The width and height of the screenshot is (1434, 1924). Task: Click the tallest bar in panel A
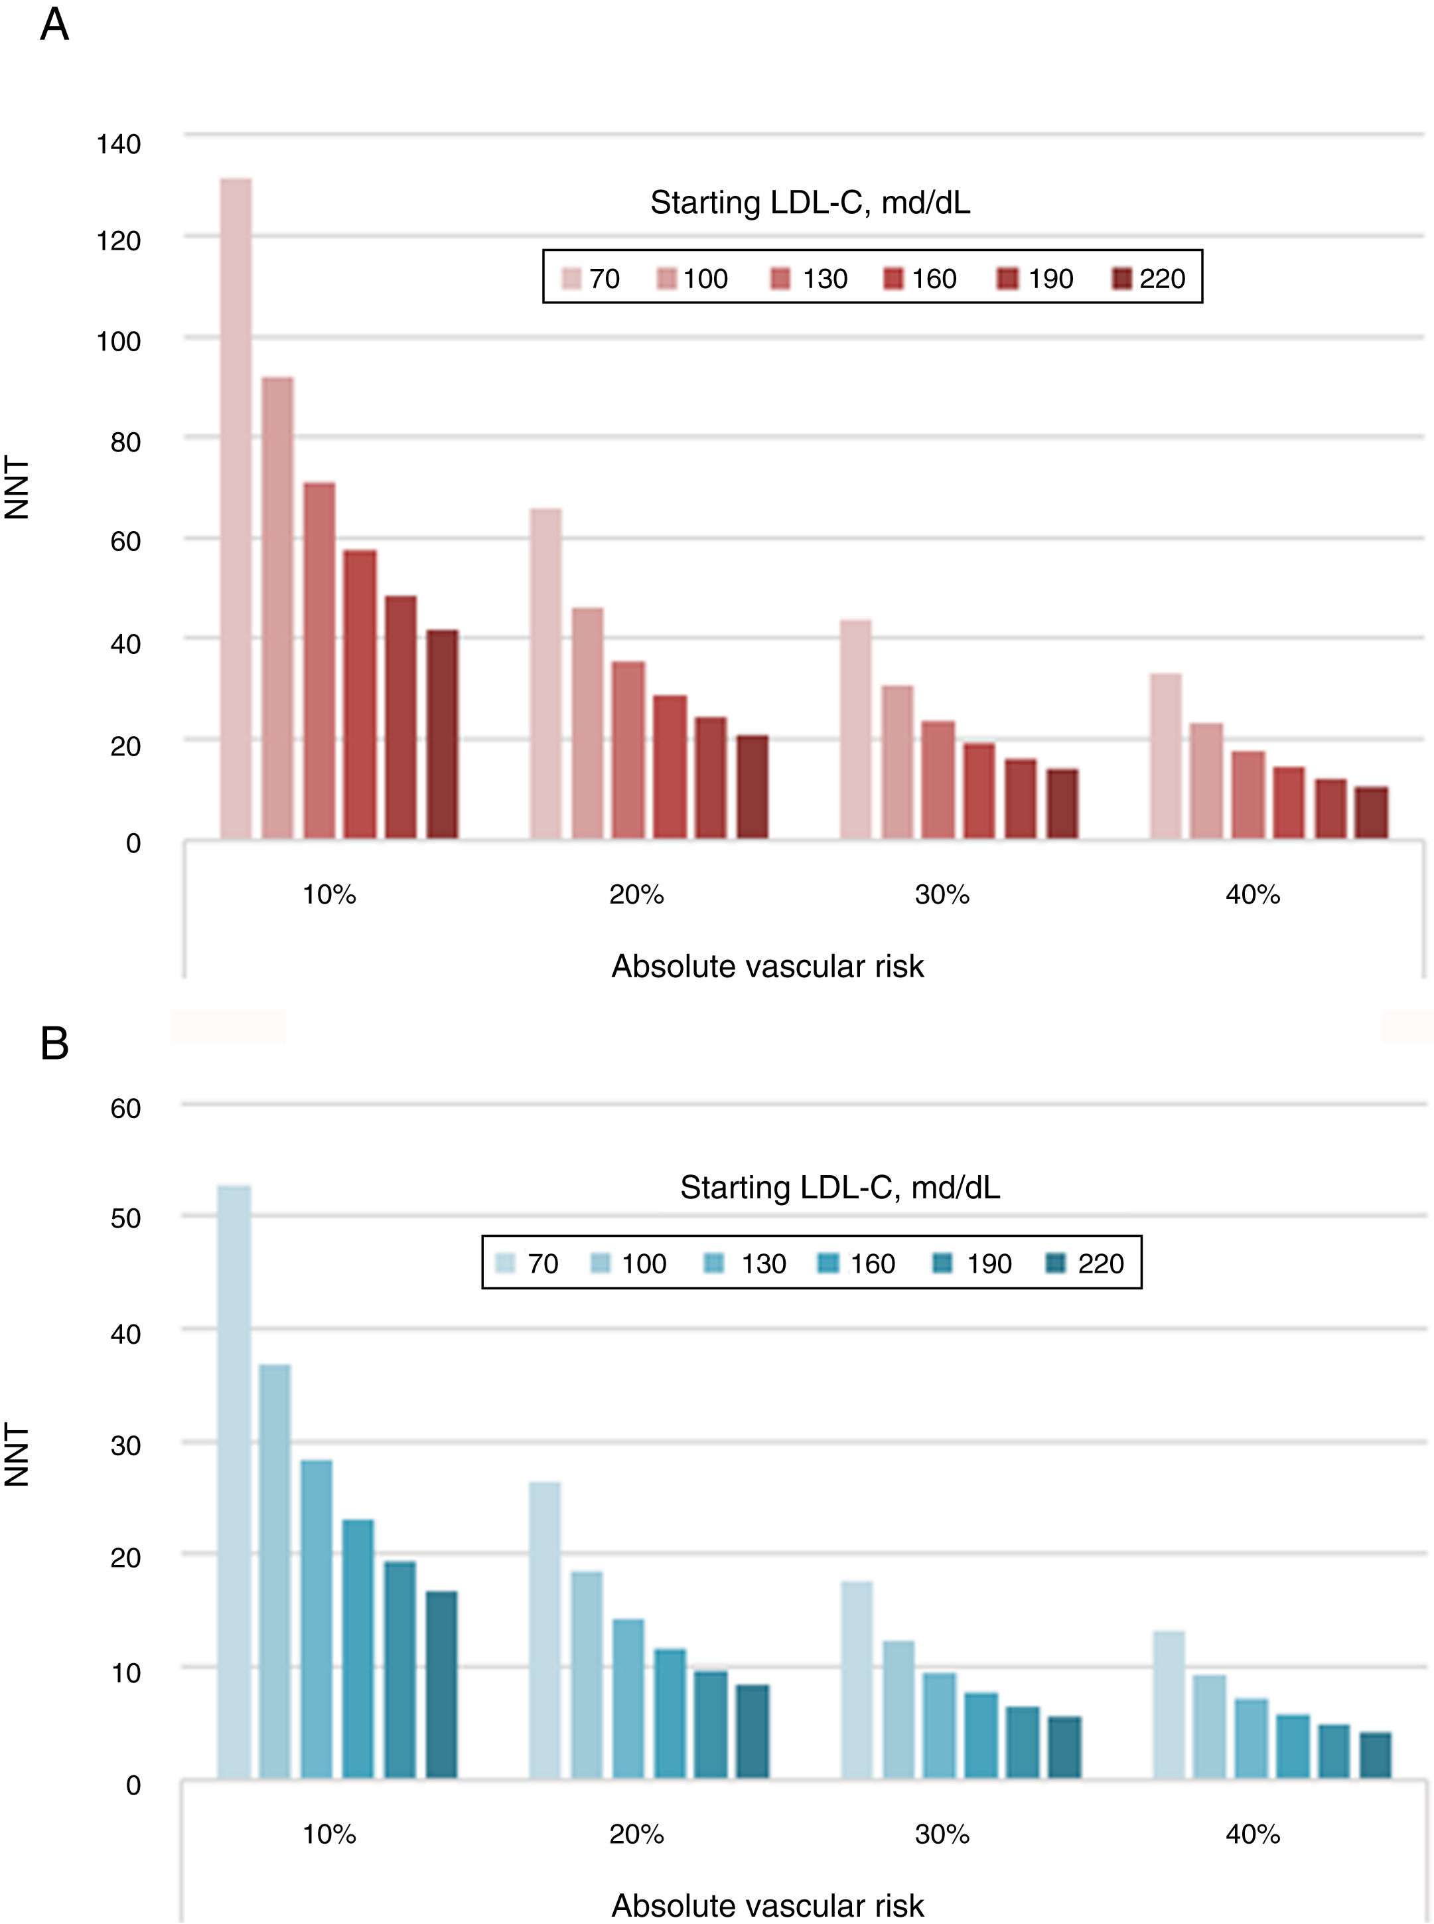[x=236, y=508]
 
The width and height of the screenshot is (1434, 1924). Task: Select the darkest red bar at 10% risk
[x=442, y=734]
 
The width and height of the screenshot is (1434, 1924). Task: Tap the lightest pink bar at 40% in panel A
[x=1166, y=756]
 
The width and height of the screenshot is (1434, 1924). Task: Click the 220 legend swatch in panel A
[x=1122, y=280]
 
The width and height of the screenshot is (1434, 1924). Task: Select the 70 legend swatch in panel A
[x=572, y=280]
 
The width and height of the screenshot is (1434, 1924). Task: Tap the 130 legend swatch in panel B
[x=716, y=1264]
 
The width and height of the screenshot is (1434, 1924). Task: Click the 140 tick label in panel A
[x=118, y=144]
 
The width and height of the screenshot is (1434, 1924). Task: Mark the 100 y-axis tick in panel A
[x=118, y=341]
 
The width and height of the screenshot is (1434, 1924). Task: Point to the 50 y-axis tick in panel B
[x=126, y=1218]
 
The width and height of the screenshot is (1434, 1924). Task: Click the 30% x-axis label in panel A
[x=942, y=894]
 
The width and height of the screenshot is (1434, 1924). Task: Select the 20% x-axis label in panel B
[x=636, y=1834]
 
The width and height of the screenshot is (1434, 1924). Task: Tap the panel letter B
[x=54, y=1044]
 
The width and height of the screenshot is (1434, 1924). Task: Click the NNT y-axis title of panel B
[x=17, y=1455]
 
